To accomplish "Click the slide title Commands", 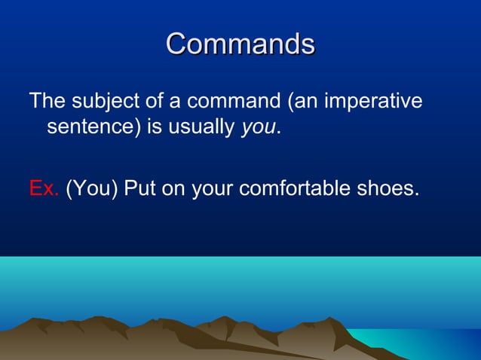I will click(240, 44).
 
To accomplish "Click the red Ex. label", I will click(44, 188).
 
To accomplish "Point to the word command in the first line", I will click(230, 101).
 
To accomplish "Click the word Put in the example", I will click(139, 188).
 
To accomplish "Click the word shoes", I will click(388, 188).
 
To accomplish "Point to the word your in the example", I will click(213, 188).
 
